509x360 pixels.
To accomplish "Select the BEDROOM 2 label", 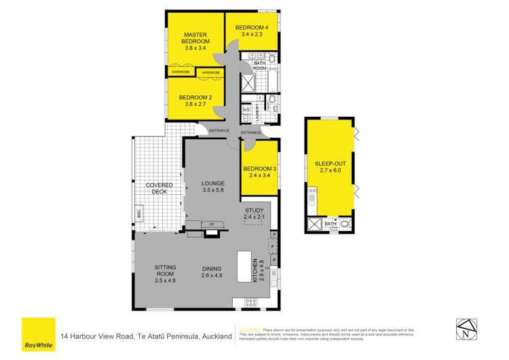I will pos(195,97).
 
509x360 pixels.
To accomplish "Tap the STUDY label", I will pos(256,211).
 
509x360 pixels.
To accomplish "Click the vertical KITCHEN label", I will pos(255,270).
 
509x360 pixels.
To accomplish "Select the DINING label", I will pos(212,268).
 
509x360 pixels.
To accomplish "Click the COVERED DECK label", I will pos(159,188).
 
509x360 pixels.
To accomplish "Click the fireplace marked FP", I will pos(211,224).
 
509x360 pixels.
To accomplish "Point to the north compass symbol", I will pos(465,331).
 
